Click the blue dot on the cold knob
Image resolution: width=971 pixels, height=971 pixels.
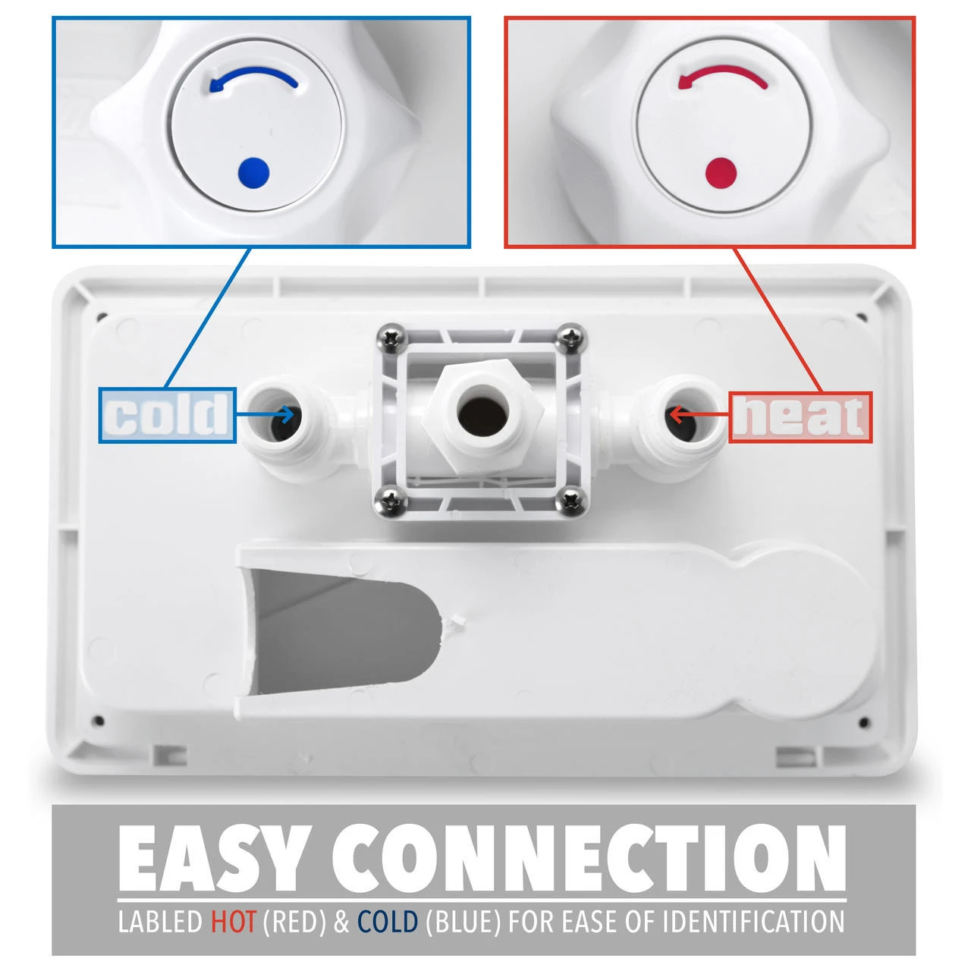[x=253, y=173]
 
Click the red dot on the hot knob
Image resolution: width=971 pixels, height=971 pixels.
[x=721, y=172]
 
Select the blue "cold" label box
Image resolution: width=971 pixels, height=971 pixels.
[x=168, y=415]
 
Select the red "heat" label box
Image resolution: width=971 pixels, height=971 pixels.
[x=800, y=417]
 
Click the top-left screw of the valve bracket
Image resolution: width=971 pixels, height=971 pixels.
[x=392, y=338]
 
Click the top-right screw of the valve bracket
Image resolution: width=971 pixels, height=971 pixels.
[x=571, y=337]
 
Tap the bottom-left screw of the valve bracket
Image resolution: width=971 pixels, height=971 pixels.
[x=391, y=501]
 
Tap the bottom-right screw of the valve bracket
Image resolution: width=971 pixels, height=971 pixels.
[x=571, y=501]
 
